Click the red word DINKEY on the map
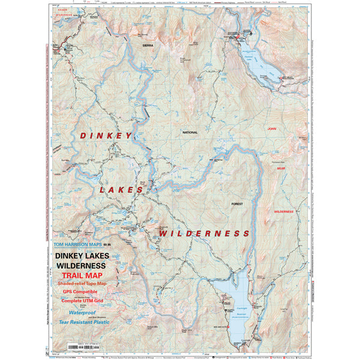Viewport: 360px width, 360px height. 105,136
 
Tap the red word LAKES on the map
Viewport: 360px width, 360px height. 122,190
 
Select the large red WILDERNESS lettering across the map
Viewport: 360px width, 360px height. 204,233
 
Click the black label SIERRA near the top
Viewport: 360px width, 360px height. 148,45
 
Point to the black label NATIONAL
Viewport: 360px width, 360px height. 190,131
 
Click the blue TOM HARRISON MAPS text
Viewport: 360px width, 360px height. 77,244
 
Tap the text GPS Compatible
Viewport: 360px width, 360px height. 80,292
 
